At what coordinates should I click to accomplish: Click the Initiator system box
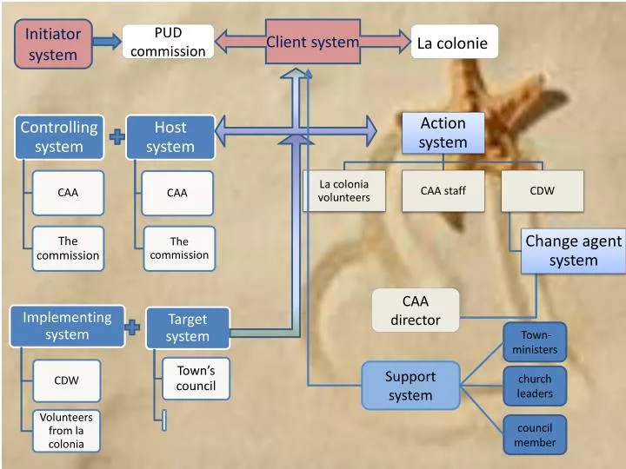pos(53,44)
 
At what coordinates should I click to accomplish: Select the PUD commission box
pos(168,42)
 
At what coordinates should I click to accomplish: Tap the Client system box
pos(312,42)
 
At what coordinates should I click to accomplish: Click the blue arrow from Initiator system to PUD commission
pos(107,42)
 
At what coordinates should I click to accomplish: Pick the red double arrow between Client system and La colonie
pos(385,42)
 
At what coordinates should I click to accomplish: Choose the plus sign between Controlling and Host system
pos(117,136)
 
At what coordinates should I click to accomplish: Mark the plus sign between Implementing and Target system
pos(132,327)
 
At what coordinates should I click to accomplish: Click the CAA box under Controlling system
pos(68,193)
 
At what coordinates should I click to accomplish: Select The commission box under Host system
pos(179,248)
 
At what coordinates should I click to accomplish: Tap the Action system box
pos(443,133)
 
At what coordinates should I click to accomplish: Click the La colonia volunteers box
pos(343,191)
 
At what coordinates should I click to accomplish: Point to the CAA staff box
pos(443,191)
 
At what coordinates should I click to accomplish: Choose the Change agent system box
pos(573,251)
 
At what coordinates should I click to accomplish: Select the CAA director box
pos(416,310)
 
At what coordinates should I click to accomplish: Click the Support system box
pos(410,386)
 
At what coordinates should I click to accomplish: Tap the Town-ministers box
pos(535,342)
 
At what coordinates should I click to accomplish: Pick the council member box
pos(535,434)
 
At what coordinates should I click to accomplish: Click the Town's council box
pos(196,378)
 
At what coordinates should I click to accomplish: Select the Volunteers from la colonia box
pos(67,430)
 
